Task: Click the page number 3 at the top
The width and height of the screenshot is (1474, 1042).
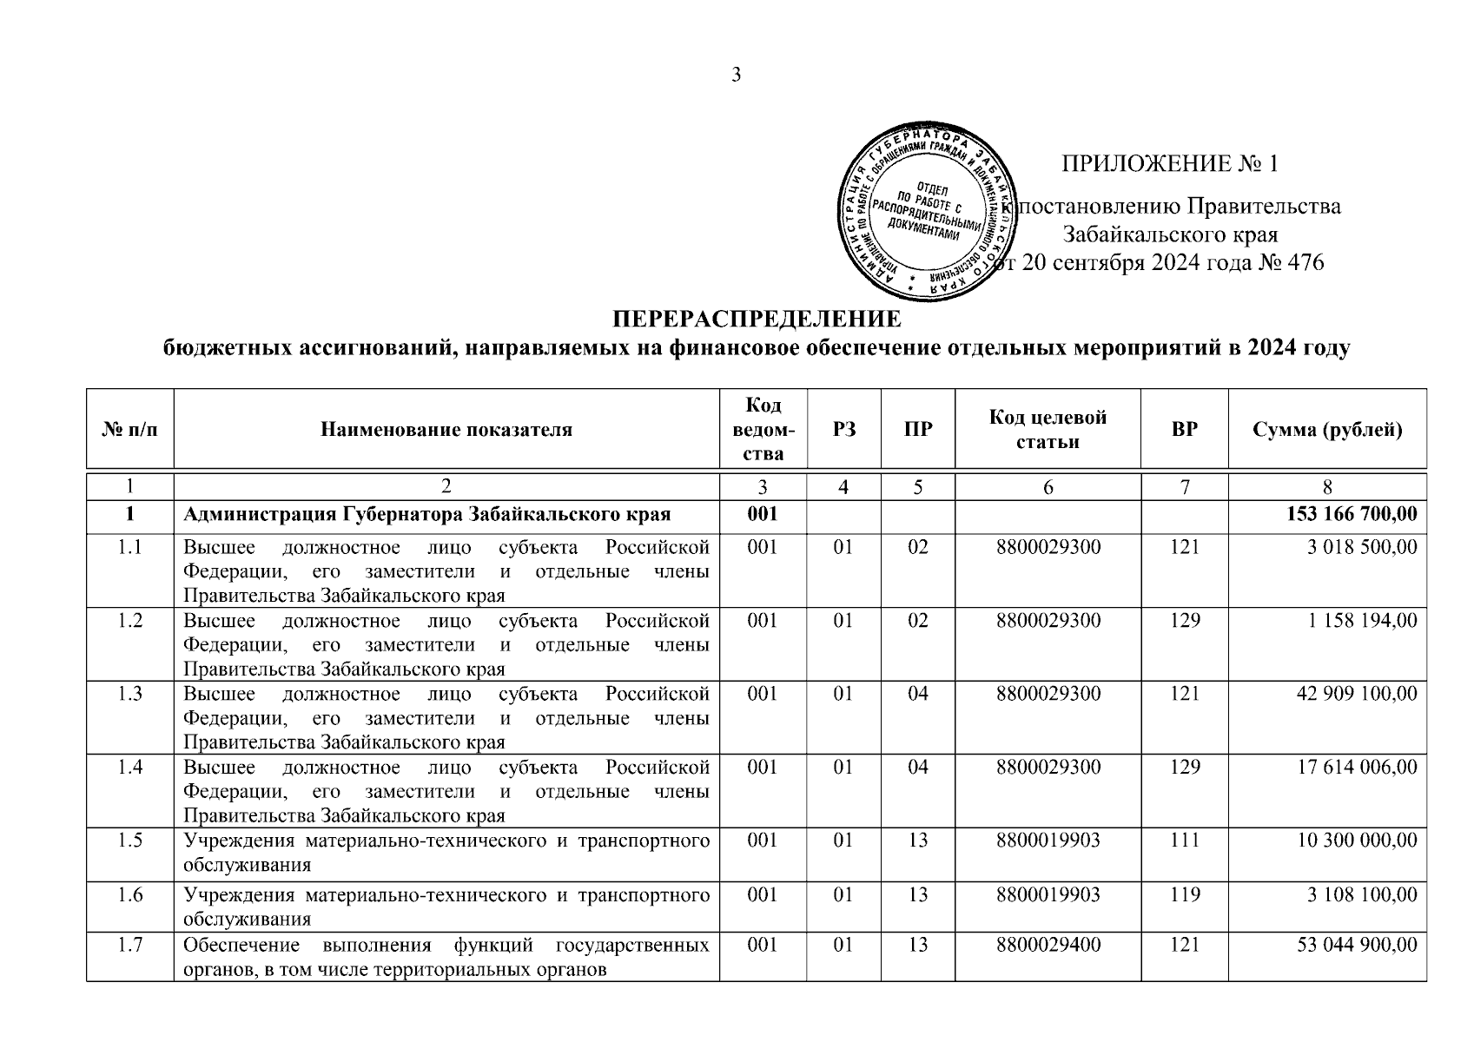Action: [737, 75]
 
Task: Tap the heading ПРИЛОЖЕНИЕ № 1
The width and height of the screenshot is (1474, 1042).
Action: [1170, 164]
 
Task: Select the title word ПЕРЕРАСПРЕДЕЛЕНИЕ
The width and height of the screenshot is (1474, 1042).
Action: [757, 319]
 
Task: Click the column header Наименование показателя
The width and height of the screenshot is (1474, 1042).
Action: [446, 429]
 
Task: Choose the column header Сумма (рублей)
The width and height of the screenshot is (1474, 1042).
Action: [1327, 429]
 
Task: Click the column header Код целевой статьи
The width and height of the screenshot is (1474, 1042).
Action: [1048, 429]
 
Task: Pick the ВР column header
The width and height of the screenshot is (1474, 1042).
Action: [1185, 429]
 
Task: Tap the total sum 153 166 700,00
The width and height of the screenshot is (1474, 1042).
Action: [1352, 515]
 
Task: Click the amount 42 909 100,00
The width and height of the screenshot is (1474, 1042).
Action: [1357, 694]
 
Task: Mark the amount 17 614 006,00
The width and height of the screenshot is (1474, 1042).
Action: [1357, 768]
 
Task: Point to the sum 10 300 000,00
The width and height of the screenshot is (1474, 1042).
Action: [1357, 841]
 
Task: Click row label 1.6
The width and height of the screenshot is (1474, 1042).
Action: [130, 894]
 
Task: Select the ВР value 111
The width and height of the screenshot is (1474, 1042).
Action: [1185, 841]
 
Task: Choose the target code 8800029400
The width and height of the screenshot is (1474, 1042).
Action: [1048, 945]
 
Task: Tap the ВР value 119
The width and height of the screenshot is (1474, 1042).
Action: [1185, 894]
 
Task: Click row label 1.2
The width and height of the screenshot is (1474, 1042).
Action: [130, 621]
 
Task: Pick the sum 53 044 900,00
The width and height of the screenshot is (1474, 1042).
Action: [1357, 945]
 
